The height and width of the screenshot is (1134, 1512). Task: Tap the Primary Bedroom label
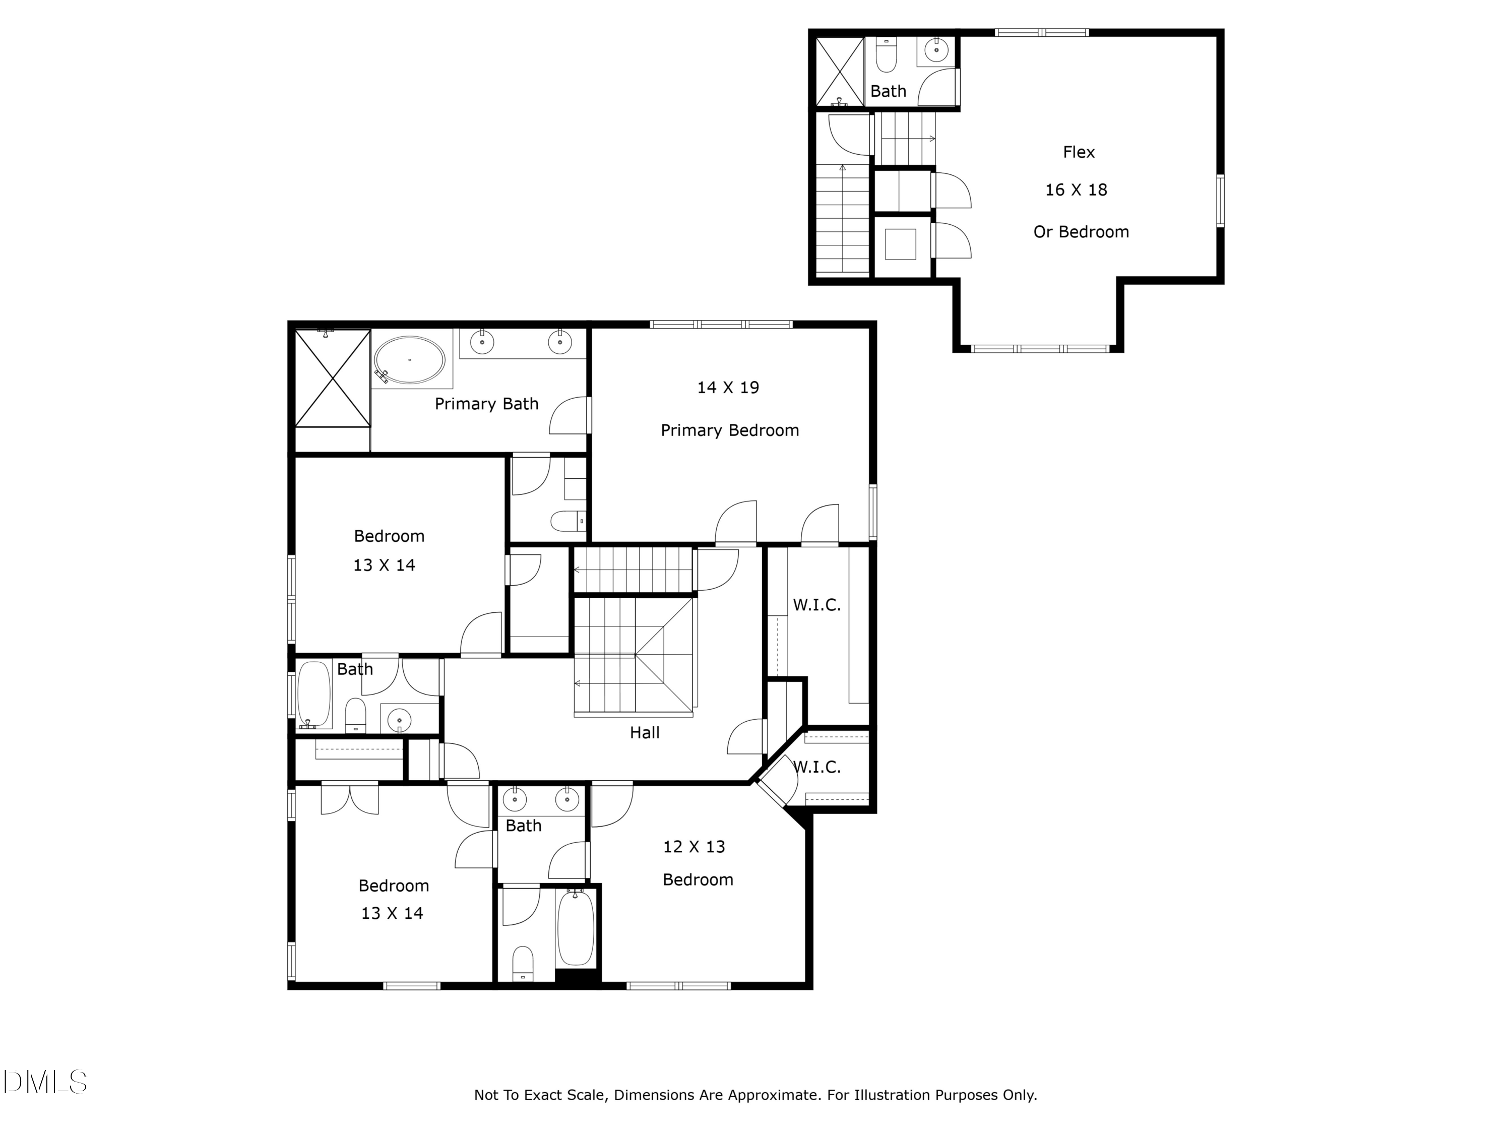click(x=729, y=430)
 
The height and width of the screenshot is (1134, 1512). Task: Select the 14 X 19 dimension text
click(x=728, y=388)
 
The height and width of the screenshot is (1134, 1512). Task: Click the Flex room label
click(x=1079, y=152)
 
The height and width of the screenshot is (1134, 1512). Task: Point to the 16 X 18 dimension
click(x=1076, y=190)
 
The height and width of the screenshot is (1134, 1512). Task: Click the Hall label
click(x=645, y=733)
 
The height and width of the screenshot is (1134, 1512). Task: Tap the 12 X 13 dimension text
click(x=694, y=847)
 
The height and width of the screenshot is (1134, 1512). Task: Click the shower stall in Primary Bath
click(x=332, y=378)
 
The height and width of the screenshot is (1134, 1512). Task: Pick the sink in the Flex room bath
click(x=936, y=49)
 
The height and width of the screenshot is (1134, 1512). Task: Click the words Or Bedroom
click(x=1081, y=232)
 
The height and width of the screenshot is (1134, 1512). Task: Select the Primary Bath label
click(x=487, y=404)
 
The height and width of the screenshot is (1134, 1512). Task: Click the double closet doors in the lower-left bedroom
click(x=349, y=798)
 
